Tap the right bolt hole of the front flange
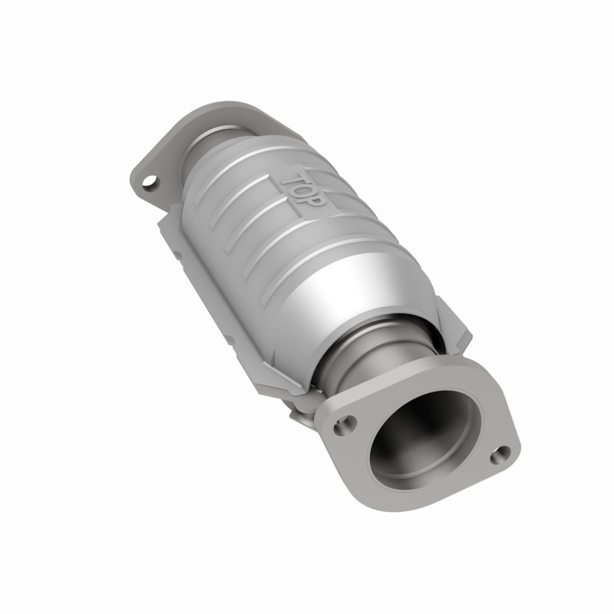pyautogui.click(x=502, y=453)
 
